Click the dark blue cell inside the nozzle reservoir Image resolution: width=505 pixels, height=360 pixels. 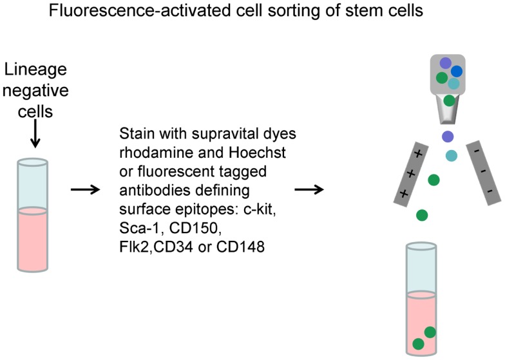click(x=456, y=71)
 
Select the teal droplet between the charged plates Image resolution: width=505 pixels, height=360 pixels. click(x=452, y=155)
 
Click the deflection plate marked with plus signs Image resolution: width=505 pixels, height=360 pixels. click(x=411, y=173)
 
